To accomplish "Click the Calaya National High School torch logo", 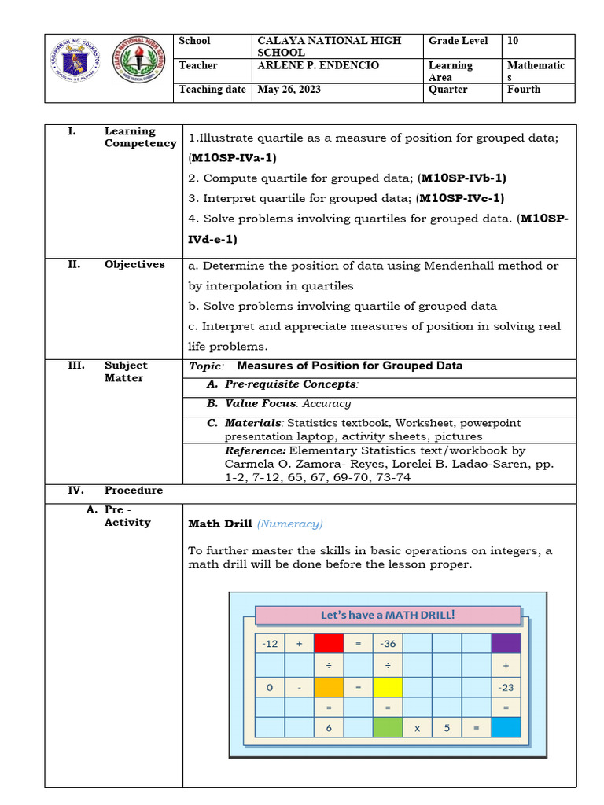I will pos(140,61).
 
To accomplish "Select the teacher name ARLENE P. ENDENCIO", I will pos(319,65).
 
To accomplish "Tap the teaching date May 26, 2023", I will pos(289,90).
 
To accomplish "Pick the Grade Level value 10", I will pos(514,41).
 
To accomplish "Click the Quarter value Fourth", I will pos(524,90).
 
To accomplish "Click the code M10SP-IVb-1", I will pos(463,178).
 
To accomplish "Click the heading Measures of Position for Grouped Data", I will pos(349,366).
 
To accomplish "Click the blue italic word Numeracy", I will pos(289,524).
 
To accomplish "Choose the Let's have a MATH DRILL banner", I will pos(388,615).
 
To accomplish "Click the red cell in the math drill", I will pos(329,644).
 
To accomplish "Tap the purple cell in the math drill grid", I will pos(506,644).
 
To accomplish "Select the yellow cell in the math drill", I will pos(388,687).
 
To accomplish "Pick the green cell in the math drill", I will pos(388,728).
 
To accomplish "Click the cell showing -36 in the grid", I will pos(388,644).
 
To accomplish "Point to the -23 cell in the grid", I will pos(506,687).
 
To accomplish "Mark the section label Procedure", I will pos(134,491).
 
